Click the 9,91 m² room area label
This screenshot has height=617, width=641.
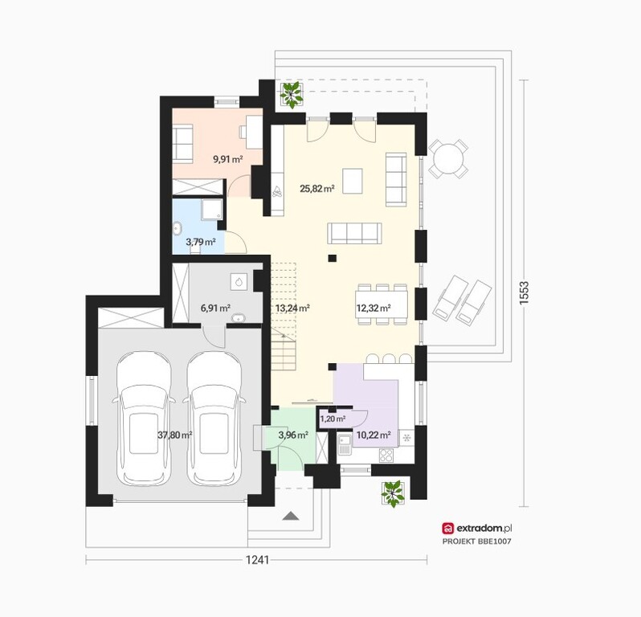(228, 159)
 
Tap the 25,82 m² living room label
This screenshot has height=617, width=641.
(317, 189)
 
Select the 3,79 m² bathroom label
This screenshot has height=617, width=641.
(201, 242)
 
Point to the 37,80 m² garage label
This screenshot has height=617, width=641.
(175, 435)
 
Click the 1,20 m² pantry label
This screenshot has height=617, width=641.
(333, 419)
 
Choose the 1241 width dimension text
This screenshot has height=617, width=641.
(257, 560)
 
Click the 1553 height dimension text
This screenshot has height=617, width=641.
(524, 292)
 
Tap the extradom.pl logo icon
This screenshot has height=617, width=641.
(448, 529)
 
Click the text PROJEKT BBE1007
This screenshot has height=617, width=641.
(476, 541)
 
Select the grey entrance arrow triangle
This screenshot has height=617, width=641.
(291, 516)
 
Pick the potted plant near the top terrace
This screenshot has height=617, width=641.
(291, 95)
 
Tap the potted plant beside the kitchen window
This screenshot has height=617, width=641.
(393, 494)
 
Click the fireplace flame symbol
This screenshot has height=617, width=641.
(278, 192)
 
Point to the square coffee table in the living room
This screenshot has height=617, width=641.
(353, 181)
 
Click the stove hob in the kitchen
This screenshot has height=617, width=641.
(386, 456)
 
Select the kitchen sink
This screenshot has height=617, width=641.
(345, 446)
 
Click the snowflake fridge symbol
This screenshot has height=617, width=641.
(406, 438)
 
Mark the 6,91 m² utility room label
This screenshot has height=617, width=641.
(215, 308)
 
